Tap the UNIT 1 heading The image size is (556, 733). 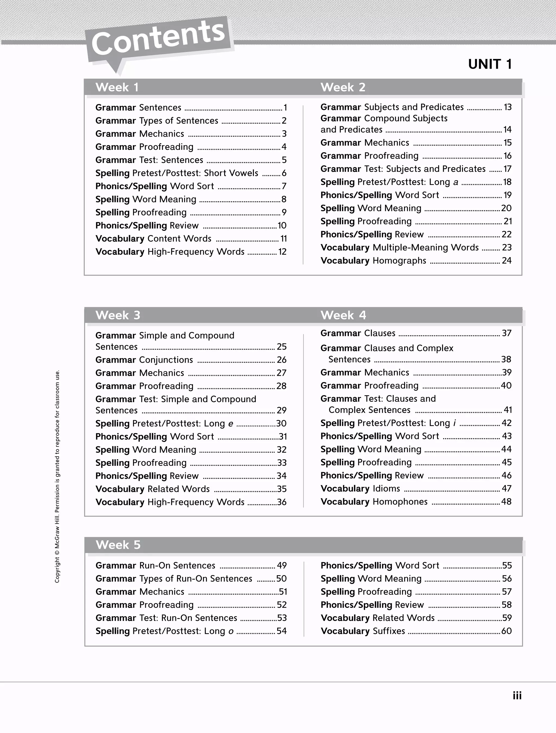click(490, 64)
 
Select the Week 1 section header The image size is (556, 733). click(117, 87)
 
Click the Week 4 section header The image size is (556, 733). click(343, 315)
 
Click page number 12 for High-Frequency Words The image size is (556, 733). click(282, 252)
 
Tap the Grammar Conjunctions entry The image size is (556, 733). click(144, 360)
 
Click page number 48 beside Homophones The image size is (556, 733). click(506, 502)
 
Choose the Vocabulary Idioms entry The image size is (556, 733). click(360, 489)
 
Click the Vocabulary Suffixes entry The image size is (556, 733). click(363, 631)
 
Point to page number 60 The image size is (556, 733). click(506, 631)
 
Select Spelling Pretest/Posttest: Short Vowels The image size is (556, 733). click(177, 173)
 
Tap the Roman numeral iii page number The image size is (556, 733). click(517, 695)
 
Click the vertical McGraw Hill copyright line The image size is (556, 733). click(57, 476)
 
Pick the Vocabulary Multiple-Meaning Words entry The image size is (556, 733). click(399, 248)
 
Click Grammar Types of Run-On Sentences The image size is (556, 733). click(174, 579)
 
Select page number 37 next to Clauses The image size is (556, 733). click(507, 333)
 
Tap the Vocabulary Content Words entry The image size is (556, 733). click(153, 239)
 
